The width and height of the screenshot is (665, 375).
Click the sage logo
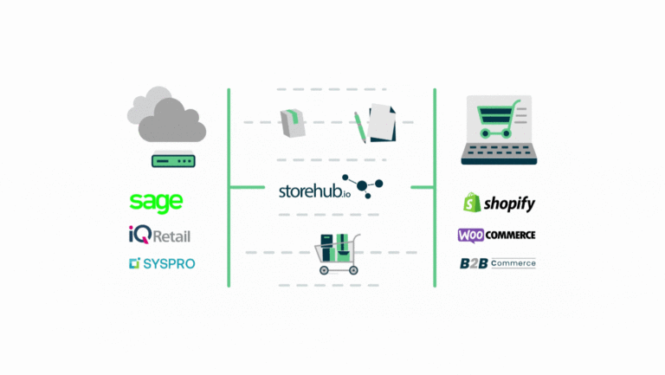click(156, 203)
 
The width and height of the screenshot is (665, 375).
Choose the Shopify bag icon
click(471, 204)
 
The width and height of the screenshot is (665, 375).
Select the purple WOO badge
click(473, 235)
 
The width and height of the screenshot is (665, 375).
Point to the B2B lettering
click(474, 263)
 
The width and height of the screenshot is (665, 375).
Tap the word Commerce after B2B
click(513, 263)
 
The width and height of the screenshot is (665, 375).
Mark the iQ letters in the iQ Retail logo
click(139, 234)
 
